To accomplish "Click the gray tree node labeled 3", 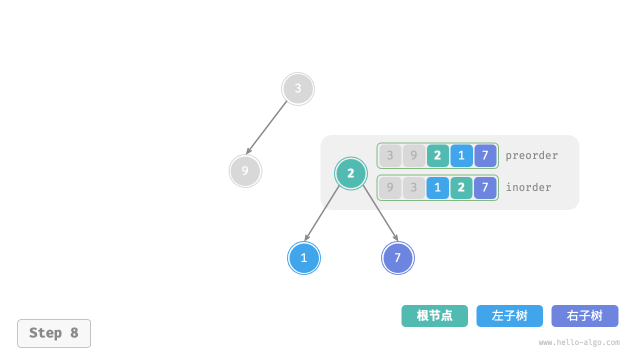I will click(298, 89).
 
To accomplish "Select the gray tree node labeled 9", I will click(245, 171).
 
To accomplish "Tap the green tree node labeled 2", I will click(351, 173).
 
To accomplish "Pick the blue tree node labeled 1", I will click(304, 258).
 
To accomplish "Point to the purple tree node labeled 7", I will click(398, 258).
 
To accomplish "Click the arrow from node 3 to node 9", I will click(267, 127).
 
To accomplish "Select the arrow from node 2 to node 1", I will click(322, 213).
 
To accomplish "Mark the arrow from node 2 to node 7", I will click(380, 213).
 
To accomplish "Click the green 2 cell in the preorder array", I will click(437, 155).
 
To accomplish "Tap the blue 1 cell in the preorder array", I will click(461, 155).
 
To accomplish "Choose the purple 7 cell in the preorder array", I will click(485, 155).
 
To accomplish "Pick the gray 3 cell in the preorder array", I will click(390, 155).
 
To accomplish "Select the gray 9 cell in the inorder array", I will click(390, 188).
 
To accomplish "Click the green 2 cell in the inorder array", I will click(461, 188).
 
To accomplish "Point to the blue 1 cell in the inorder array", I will click(437, 188).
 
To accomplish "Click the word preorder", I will click(531, 155).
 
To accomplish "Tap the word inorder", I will click(528, 187).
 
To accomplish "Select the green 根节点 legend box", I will click(434, 316).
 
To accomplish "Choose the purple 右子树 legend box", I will click(584, 316).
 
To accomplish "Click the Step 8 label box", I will click(54, 333).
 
